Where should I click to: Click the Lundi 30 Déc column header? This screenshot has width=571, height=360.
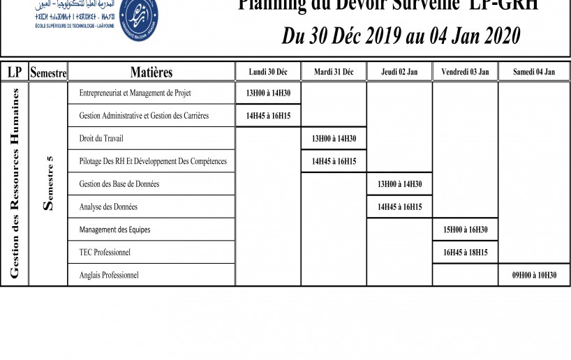click(268, 72)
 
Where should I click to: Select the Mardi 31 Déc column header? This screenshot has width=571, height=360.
click(334, 72)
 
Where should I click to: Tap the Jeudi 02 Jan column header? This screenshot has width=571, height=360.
click(399, 72)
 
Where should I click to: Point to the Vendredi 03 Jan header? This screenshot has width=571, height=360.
click(465, 72)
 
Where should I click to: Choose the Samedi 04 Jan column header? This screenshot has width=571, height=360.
click(534, 72)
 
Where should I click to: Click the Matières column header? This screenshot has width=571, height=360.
click(151, 72)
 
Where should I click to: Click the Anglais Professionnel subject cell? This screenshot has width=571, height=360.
click(109, 275)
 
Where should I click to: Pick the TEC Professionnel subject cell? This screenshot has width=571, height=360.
click(105, 252)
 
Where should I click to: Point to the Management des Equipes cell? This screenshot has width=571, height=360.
click(114, 230)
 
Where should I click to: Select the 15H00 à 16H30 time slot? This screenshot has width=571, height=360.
click(465, 230)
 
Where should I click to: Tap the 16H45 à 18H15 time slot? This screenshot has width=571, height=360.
click(465, 253)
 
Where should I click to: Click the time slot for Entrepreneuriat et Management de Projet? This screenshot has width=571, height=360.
click(268, 93)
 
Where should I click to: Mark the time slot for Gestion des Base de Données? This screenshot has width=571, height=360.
click(399, 184)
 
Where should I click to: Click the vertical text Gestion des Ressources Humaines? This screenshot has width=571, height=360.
click(14, 183)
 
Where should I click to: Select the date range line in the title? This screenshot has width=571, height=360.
click(401, 36)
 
